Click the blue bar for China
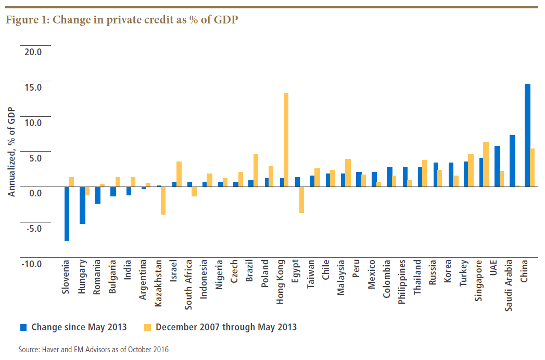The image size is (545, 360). [527, 135]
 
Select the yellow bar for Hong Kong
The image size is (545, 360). [286, 140]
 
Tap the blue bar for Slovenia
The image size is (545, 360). [67, 214]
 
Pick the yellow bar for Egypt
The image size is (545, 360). [301, 200]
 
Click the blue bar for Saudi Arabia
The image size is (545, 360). [512, 160]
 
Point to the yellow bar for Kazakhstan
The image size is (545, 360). [163, 200]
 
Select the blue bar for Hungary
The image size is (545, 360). [82, 205]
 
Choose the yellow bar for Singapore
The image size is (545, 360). [486, 164]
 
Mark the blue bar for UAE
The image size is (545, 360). [497, 166]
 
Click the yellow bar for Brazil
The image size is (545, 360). [256, 170]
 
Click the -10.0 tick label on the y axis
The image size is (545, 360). [31, 264]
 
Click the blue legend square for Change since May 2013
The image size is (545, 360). [23, 327]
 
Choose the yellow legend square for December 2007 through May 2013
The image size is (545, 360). [148, 327]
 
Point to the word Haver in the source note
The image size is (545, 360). [50, 350]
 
